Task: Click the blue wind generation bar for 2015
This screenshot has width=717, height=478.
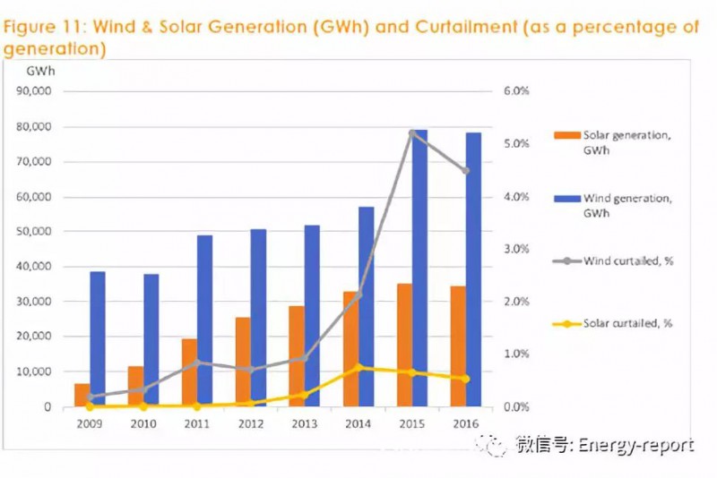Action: pyautogui.click(x=419, y=269)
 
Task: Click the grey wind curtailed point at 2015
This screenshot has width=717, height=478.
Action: pyautogui.click(x=412, y=133)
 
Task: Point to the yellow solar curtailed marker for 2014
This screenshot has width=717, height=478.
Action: pyautogui.click(x=358, y=367)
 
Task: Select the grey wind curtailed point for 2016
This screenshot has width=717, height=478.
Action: pyautogui.click(x=465, y=171)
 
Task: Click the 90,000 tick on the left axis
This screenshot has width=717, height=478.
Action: pyautogui.click(x=37, y=91)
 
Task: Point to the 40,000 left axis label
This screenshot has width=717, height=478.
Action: pyautogui.click(x=37, y=267)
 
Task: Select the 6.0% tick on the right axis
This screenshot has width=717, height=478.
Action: pyautogui.click(x=516, y=91)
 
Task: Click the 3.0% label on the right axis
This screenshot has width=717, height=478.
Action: pyautogui.click(x=516, y=249)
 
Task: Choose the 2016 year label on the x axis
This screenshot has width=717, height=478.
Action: pyautogui.click(x=465, y=423)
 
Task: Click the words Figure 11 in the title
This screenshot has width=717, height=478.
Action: pyautogui.click(x=44, y=27)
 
